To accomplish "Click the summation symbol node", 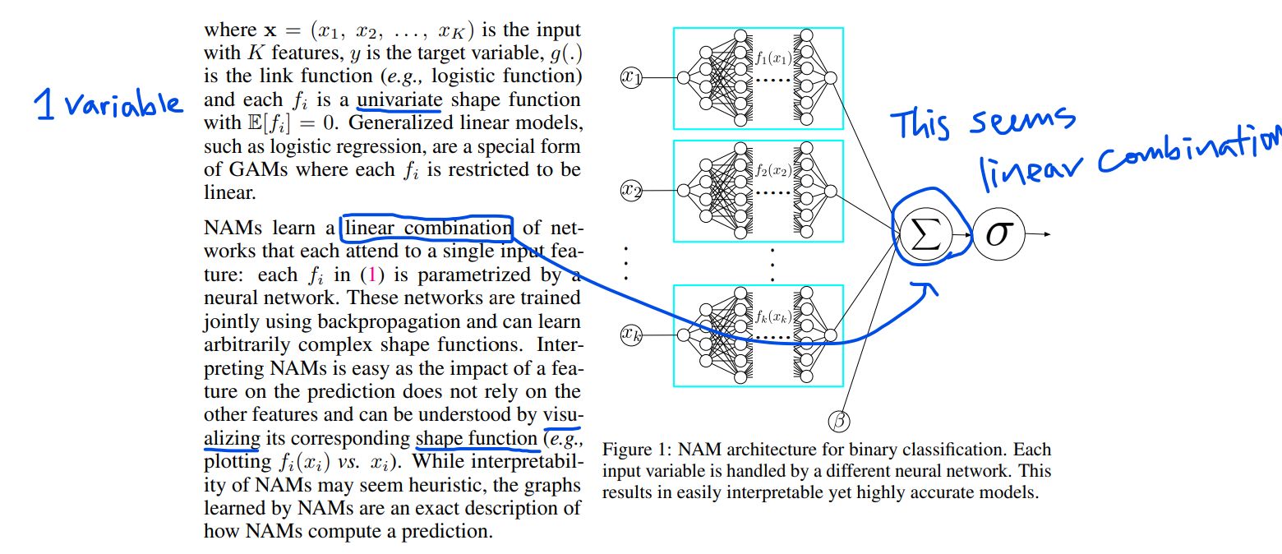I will [x=925, y=236].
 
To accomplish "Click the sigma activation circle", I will [x=999, y=235].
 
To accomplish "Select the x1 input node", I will [x=631, y=77].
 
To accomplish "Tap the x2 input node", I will [x=631, y=192].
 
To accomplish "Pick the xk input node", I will [x=631, y=335].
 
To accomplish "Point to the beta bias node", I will [x=838, y=422].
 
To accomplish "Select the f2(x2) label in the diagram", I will [x=772, y=171].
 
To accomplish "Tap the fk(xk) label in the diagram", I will [x=772, y=316].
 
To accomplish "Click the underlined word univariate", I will [x=399, y=101].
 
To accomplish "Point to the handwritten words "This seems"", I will [x=983, y=125].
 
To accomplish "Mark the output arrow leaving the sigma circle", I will [x=1040, y=235].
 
